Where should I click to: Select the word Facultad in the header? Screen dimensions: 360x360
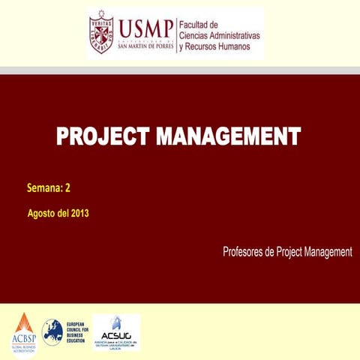coord(196,25)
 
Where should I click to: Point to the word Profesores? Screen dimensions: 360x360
coord(243,252)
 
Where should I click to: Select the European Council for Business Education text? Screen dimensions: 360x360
coord(76,330)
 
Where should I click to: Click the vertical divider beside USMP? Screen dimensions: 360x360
coord(176,34)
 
